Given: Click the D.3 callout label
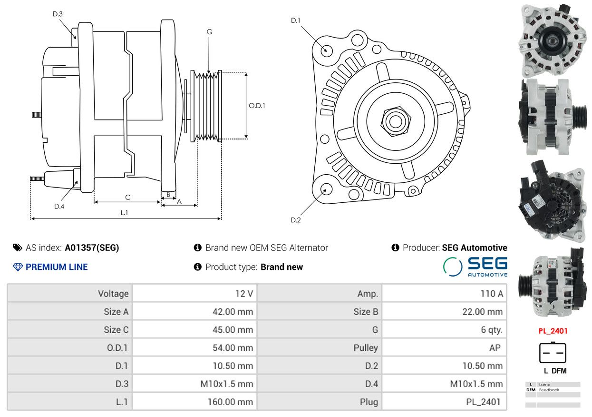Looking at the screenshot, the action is pyautogui.click(x=58, y=14).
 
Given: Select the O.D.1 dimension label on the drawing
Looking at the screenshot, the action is pyautogui.click(x=257, y=106).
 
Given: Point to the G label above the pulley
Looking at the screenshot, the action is pyautogui.click(x=209, y=32).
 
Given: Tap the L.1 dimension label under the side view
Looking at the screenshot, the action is pyautogui.click(x=124, y=212).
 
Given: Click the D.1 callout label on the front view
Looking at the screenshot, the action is pyautogui.click(x=295, y=20).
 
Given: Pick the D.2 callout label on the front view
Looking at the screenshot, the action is pyautogui.click(x=295, y=220).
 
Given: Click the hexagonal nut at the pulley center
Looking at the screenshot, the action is pyautogui.click(x=396, y=121).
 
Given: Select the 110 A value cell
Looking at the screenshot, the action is pyautogui.click(x=492, y=293).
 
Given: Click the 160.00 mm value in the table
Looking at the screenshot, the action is pyautogui.click(x=230, y=402).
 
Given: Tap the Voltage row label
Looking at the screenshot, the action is pyautogui.click(x=113, y=293).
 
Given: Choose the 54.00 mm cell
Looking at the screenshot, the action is pyautogui.click(x=233, y=347).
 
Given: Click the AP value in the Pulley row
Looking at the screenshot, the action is pyautogui.click(x=495, y=347).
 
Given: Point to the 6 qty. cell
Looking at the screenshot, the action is pyautogui.click(x=492, y=330).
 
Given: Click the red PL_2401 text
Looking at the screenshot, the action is pyautogui.click(x=553, y=331).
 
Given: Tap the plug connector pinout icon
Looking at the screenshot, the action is pyautogui.click(x=553, y=353).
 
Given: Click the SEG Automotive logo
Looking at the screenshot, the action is pyautogui.click(x=475, y=267).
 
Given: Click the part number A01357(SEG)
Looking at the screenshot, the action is pyautogui.click(x=92, y=248).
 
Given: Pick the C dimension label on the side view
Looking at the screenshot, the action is pyautogui.click(x=127, y=197).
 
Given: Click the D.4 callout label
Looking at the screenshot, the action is pyautogui.click(x=59, y=206).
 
